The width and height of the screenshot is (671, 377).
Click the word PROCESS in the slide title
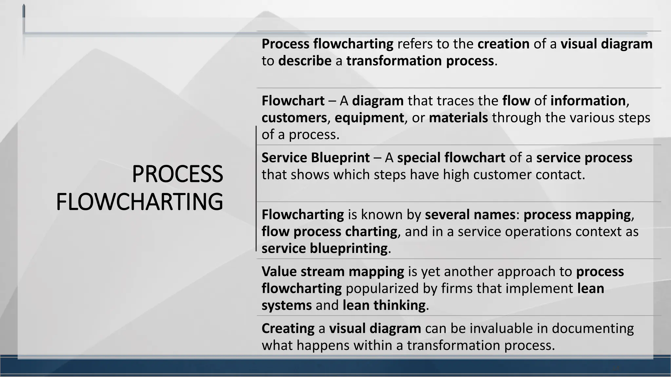click(177, 174)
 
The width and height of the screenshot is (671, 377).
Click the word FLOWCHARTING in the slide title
click(140, 202)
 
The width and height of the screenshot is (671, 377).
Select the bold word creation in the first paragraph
click(503, 44)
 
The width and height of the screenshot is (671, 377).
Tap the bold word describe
click(305, 61)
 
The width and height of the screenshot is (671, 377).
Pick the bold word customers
click(294, 118)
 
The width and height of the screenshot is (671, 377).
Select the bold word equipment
click(369, 118)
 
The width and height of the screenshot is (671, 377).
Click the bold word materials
click(458, 118)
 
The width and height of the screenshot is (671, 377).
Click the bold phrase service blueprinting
click(324, 249)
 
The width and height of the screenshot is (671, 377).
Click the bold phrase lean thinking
click(384, 306)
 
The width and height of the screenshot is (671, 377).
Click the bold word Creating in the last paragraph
click(288, 329)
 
